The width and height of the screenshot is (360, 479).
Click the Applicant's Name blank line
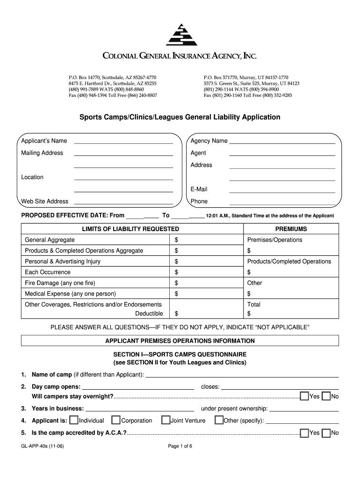click(x=123, y=142)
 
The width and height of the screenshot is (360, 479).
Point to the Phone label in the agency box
click(x=199, y=202)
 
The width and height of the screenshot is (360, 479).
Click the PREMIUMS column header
click(x=291, y=229)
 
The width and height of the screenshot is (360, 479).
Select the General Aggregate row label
click(x=46, y=240)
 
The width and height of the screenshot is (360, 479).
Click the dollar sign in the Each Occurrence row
click(x=176, y=272)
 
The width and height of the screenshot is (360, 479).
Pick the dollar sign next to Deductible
click(x=176, y=313)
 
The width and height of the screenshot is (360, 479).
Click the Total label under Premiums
click(x=254, y=305)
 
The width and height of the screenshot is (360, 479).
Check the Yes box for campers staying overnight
click(x=304, y=397)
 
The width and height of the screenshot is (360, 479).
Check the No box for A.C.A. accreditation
click(x=326, y=433)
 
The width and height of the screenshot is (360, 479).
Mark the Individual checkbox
click(x=74, y=421)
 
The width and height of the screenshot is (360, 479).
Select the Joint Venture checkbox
click(x=166, y=421)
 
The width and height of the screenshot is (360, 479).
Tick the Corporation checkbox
click(x=116, y=421)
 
